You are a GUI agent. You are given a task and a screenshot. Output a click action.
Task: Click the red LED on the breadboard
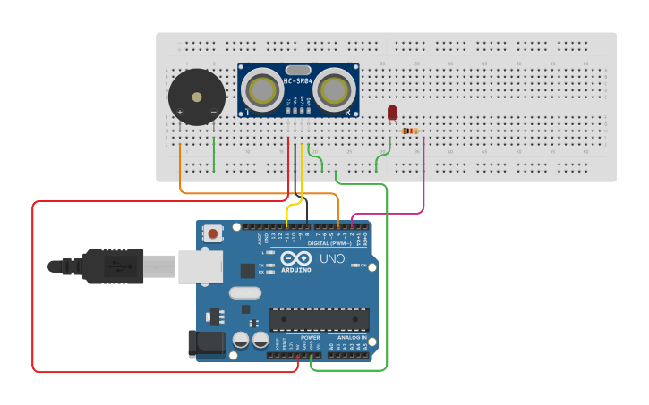(x=392, y=113)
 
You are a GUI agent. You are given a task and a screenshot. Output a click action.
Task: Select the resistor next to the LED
(x=409, y=131)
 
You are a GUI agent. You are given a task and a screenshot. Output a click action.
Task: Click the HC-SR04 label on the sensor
(x=297, y=81)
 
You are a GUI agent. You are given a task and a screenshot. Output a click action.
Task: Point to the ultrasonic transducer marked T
(x=261, y=89)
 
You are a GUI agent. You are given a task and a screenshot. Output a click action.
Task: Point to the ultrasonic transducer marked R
(x=333, y=89)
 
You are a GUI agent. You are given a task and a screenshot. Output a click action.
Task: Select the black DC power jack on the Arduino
(x=205, y=344)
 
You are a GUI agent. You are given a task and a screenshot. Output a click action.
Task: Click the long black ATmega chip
(x=320, y=319)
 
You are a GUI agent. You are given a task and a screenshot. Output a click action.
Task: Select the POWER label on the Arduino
(x=310, y=337)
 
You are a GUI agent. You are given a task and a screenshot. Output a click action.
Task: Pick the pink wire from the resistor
(x=423, y=179)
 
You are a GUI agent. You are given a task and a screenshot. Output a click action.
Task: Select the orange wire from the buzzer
(x=181, y=170)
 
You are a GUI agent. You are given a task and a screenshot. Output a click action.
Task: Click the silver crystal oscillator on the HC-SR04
(x=297, y=69)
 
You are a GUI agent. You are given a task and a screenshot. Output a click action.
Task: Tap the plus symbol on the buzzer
(x=180, y=112)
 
